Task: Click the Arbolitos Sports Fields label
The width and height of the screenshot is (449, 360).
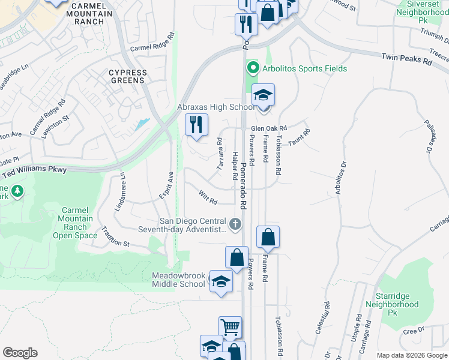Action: pyautogui.click(x=304, y=69)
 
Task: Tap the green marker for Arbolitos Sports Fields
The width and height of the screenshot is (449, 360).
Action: pyautogui.click(x=253, y=68)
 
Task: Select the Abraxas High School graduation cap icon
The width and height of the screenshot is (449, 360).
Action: pyautogui.click(x=263, y=96)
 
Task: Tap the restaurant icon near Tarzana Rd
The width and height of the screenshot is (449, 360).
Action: pyautogui.click(x=196, y=125)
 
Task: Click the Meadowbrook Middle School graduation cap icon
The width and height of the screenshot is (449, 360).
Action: pyautogui.click(x=221, y=281)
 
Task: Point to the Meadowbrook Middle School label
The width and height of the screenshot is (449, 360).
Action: pyautogui.click(x=178, y=280)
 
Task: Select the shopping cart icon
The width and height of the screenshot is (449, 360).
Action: pyautogui.click(x=230, y=328)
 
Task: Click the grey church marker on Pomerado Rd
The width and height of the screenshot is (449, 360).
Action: pyautogui.click(x=235, y=225)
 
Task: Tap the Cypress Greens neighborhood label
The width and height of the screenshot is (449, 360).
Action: pyautogui.click(x=128, y=77)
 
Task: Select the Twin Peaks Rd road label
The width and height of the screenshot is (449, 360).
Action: pyautogui.click(x=406, y=59)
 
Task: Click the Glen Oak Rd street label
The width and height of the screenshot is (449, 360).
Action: pyautogui.click(x=270, y=128)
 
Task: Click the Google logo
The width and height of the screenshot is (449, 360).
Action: pyautogui.click(x=20, y=353)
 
